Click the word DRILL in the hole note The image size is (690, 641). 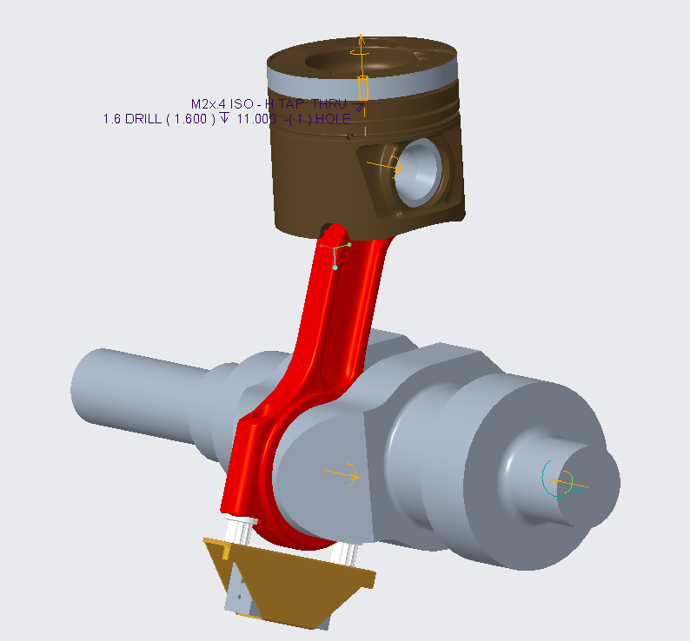pyautogui.click(x=144, y=119)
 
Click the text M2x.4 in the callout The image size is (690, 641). pyautogui.click(x=209, y=103)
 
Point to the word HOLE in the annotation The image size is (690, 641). pyautogui.click(x=333, y=119)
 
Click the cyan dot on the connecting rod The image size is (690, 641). pyautogui.click(x=335, y=268)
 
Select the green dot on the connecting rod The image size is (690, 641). pyautogui.click(x=348, y=245)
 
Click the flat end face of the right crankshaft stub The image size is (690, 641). pyautogui.click(x=587, y=483)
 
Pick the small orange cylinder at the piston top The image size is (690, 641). pyautogui.click(x=363, y=87)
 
